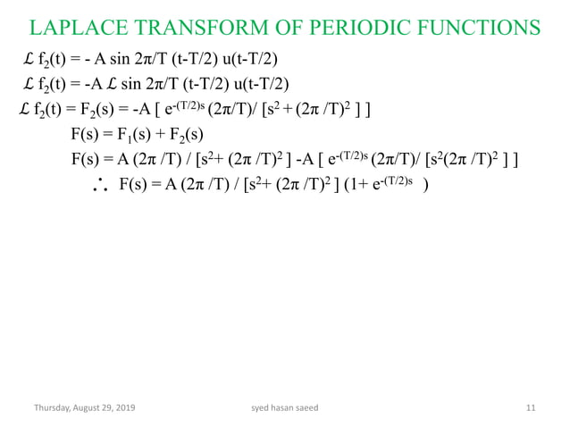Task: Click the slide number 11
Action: [x=531, y=408]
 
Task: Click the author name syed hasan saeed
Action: [x=285, y=408]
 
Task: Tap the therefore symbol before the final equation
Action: [x=101, y=188]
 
